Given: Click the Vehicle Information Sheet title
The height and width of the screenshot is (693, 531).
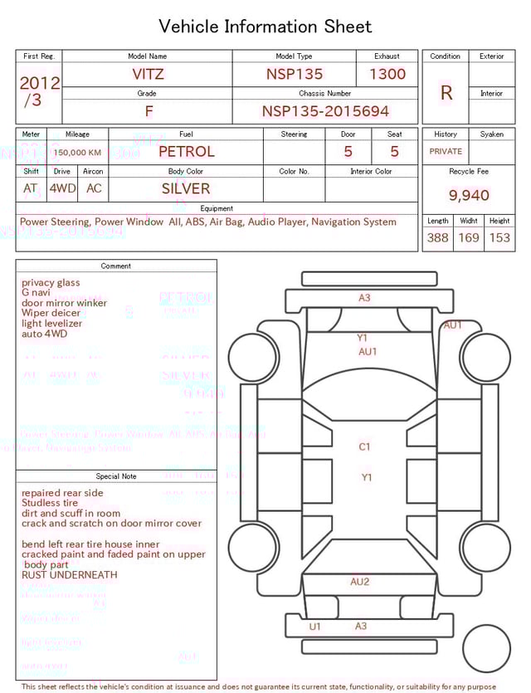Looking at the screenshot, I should pos(265,27).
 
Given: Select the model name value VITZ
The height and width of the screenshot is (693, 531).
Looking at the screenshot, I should pos(148,74).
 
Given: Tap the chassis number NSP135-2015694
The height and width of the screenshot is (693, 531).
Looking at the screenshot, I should pos(325,111).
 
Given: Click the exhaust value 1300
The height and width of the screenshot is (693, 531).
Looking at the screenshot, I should pos(387,74).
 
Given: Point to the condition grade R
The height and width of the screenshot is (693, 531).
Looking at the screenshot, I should pos(446,93).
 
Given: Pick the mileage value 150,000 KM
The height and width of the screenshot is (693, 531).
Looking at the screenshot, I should pos(77,153).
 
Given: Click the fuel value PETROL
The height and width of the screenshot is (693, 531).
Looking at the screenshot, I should pos(186,152).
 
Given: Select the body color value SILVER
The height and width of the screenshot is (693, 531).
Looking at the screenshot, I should pos(186,188).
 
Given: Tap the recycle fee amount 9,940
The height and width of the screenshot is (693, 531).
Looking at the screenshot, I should pos(469,196).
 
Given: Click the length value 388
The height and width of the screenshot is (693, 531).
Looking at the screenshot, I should pos(437,237).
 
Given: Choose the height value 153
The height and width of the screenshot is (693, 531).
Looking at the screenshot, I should pos(499,237).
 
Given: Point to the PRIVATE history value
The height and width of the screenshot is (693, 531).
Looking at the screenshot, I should pos(446,152).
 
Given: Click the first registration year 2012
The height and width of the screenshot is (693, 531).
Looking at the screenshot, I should pos(39,83).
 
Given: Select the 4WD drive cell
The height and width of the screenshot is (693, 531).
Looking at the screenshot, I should pos(62,188).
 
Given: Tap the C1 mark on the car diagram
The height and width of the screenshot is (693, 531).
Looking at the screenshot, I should pos(365,447).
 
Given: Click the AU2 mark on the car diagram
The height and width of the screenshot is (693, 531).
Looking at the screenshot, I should pos(360,582).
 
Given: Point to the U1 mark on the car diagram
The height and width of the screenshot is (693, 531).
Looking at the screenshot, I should pos(315,627).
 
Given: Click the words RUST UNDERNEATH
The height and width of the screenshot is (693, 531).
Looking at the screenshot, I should pos(70,574).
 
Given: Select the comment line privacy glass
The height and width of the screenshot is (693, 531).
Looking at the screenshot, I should pos(51,283).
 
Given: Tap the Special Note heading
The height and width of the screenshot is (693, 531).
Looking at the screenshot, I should pos(116,476).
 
